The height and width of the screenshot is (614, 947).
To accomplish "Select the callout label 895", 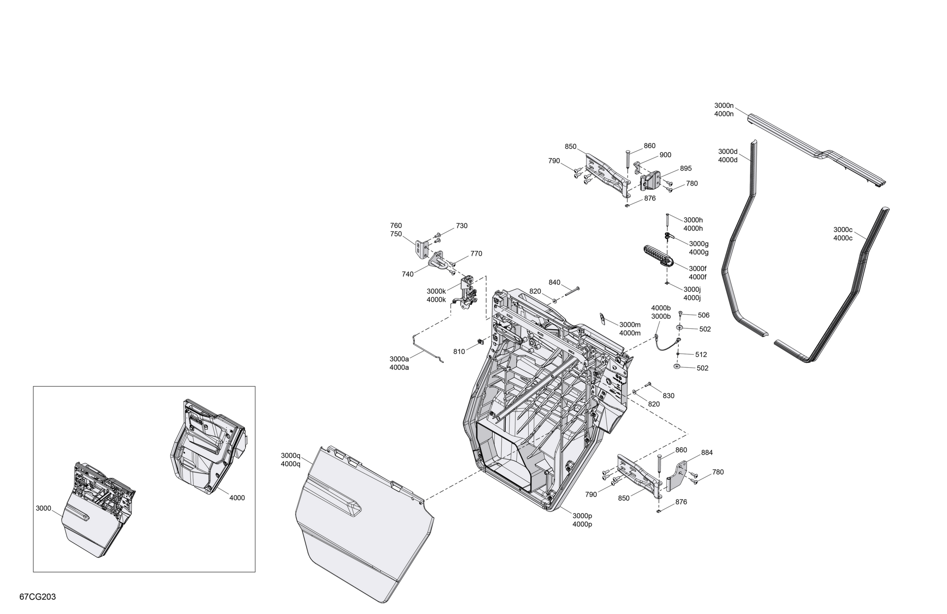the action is (686, 168).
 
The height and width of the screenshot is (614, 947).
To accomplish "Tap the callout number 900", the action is (665, 155).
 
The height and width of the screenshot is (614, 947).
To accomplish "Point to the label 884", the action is (707, 452).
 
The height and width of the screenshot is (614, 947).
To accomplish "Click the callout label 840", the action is (554, 282).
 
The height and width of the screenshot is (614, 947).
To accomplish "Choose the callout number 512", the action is (701, 354).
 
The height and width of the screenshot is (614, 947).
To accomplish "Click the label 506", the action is (704, 315).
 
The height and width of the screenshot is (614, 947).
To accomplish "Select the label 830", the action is (669, 396).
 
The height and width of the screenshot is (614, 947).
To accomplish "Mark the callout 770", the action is (476, 253).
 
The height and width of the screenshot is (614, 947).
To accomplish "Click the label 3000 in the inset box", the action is (43, 508).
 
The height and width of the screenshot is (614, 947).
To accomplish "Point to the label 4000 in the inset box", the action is (237, 498).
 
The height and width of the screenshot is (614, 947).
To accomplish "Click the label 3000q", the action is (290, 455).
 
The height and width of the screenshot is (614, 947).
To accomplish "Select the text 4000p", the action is (582, 524).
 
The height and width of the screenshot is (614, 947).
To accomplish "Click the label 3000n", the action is (724, 105).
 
